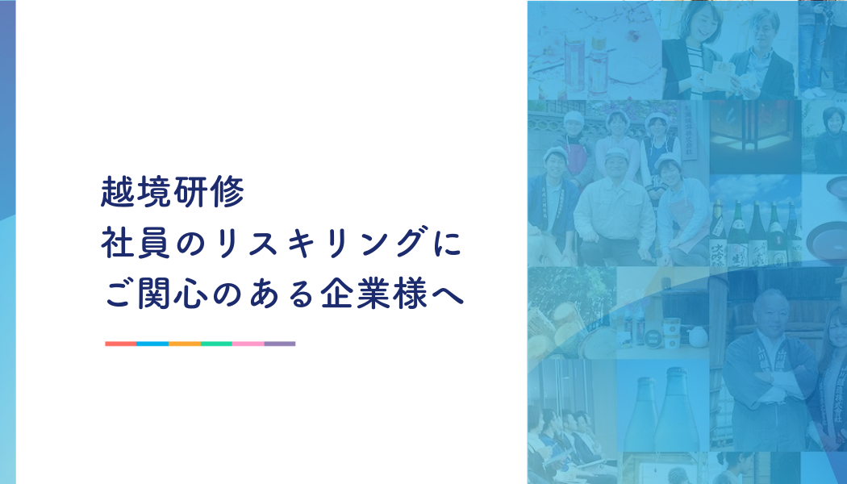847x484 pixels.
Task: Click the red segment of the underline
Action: pos(121,344)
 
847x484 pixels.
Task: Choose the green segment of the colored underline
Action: pos(216,344)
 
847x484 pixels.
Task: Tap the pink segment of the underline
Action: pos(248,344)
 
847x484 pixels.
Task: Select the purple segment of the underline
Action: pos(280,344)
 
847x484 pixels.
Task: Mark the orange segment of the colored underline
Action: pos(185,344)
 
